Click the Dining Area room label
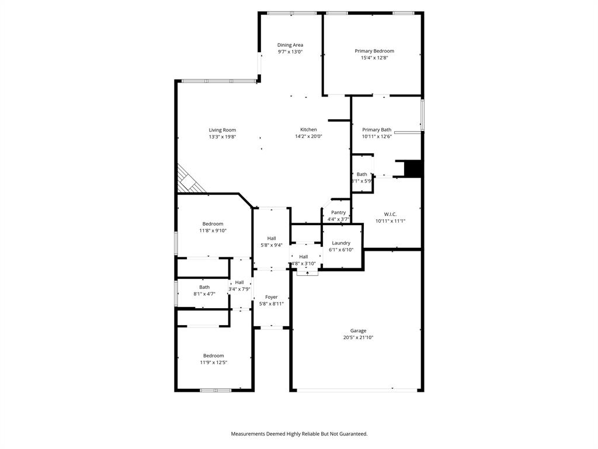point(290,45)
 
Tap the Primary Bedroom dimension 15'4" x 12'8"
point(374,58)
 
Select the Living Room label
point(222,130)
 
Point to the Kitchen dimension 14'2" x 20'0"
point(308,137)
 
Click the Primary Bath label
point(377,130)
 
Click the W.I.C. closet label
point(390,214)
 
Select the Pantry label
point(338,212)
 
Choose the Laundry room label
point(341,243)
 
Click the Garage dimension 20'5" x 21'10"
point(358,337)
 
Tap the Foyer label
point(272,297)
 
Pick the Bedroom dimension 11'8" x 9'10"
point(213,231)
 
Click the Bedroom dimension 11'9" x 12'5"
point(213,362)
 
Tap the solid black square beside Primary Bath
point(413,168)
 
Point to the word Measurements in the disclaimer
point(251,434)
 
